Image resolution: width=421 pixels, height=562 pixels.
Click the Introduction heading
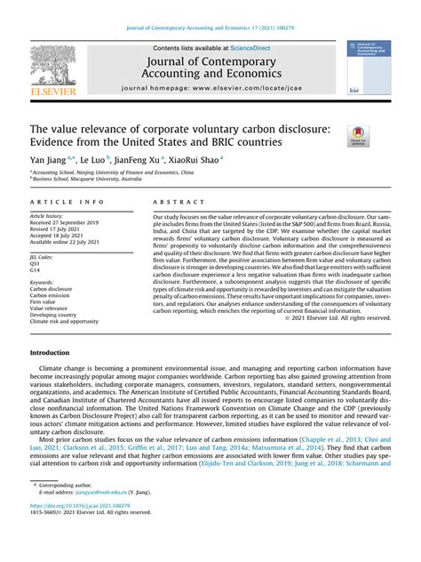pos(56,353)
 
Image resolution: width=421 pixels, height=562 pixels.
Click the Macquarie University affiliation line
pos(94,181)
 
